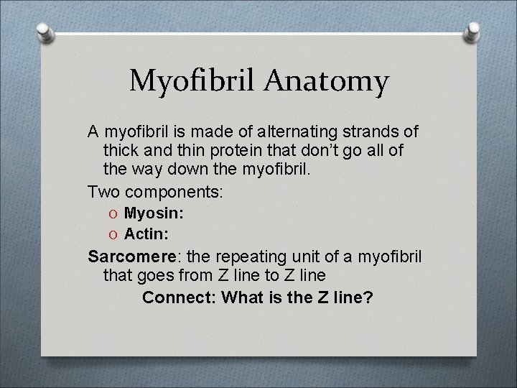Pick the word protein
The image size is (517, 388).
point(228,152)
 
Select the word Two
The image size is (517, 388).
point(103,193)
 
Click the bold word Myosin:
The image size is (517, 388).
point(154,213)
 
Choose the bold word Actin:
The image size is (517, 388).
point(146,232)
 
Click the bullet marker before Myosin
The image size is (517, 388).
point(111,213)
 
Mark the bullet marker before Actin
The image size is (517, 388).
point(111,232)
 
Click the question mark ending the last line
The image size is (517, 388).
point(368,297)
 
